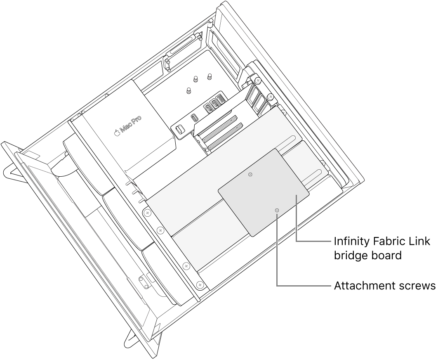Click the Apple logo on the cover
click(117, 133)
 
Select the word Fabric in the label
click(384, 242)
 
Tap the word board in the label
click(388, 256)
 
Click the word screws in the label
click(414, 286)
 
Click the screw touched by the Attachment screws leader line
click(277, 211)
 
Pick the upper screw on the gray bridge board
click(250, 175)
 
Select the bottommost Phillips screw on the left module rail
click(200, 285)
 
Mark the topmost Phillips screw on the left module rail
click(147, 213)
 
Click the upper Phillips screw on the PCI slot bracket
click(257, 79)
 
